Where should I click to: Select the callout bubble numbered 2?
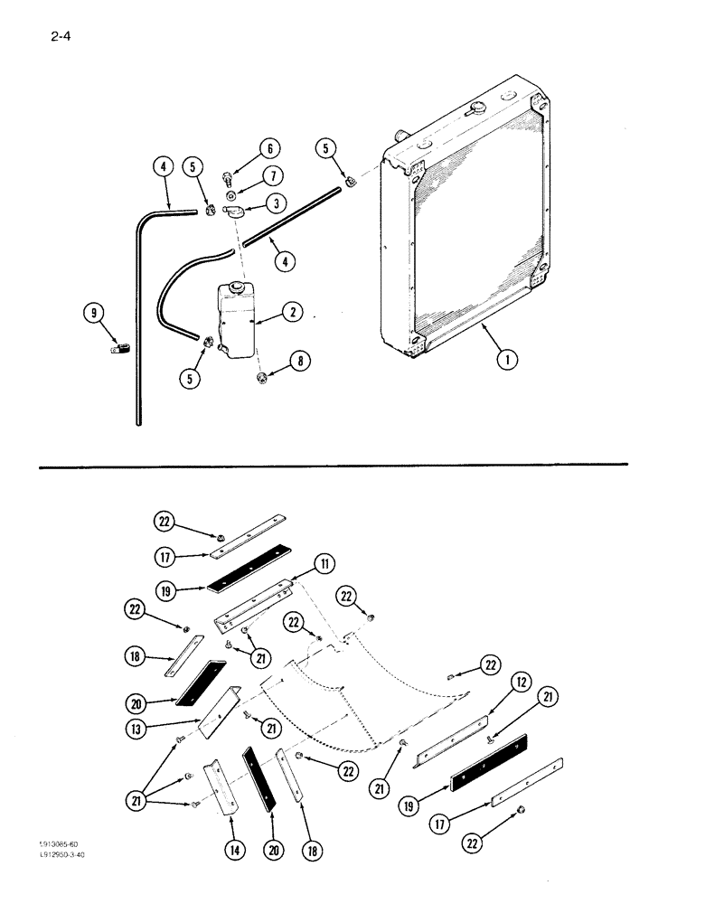pyautogui.click(x=292, y=312)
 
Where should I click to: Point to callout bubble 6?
pyautogui.click(x=270, y=149)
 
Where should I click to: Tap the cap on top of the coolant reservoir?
pyautogui.click(x=237, y=287)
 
